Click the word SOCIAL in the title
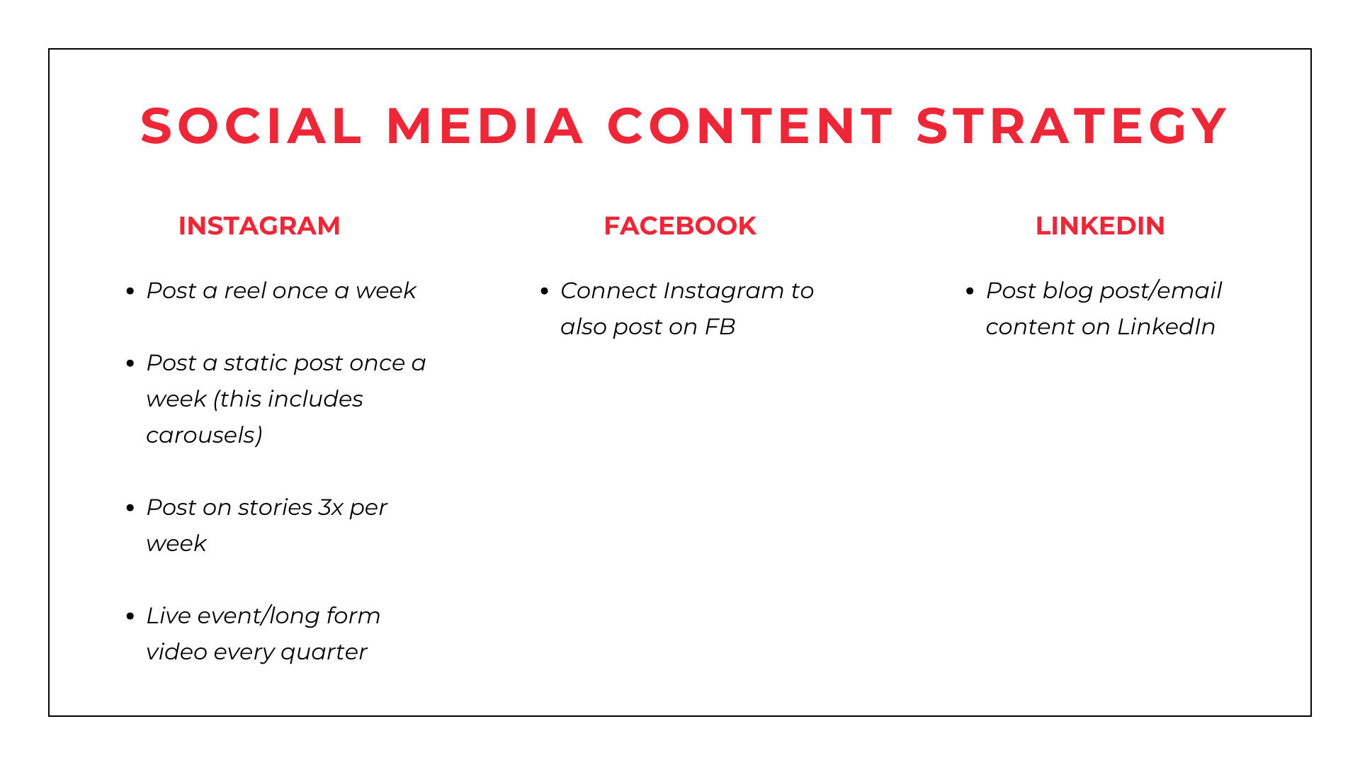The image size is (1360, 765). tap(251, 126)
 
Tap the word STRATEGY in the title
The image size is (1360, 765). tap(1072, 126)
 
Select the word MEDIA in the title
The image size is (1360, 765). tap(485, 126)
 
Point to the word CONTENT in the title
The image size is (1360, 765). tap(750, 126)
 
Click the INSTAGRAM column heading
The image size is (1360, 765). tap(259, 226)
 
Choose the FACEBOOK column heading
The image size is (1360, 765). tap(680, 226)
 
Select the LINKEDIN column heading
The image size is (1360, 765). tap(1100, 226)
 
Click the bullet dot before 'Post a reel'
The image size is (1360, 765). tap(130, 291)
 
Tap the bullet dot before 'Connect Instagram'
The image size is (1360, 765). tap(545, 291)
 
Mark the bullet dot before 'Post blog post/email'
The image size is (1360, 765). tap(970, 291)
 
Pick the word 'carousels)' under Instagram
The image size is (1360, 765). tap(204, 435)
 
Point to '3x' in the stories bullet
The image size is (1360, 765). tap(331, 507)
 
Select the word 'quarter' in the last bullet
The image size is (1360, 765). tap(324, 652)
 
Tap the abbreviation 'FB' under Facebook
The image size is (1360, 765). tap(720, 327)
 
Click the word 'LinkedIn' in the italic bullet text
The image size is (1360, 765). tap(1166, 327)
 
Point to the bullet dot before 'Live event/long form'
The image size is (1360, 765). tap(130, 616)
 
